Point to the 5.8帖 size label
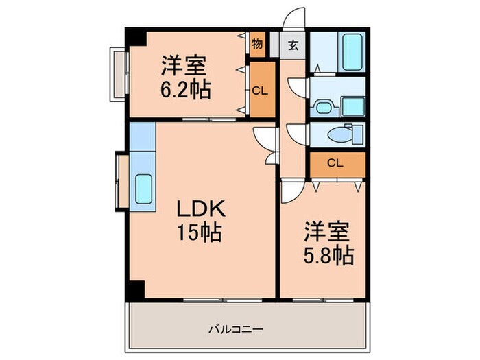329,256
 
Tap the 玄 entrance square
293,46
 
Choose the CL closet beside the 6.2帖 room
259,89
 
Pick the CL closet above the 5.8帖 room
335,163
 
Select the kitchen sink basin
145,188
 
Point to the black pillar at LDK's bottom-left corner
135,290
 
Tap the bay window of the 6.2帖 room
118,73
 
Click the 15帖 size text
197,233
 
